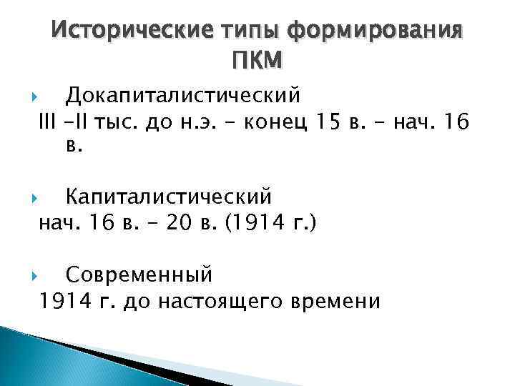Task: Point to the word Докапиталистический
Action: tap(183, 94)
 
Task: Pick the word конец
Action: tap(275, 125)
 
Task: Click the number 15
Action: tap(329, 125)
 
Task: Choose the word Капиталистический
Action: tap(169, 194)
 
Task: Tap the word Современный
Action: tap(139, 272)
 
